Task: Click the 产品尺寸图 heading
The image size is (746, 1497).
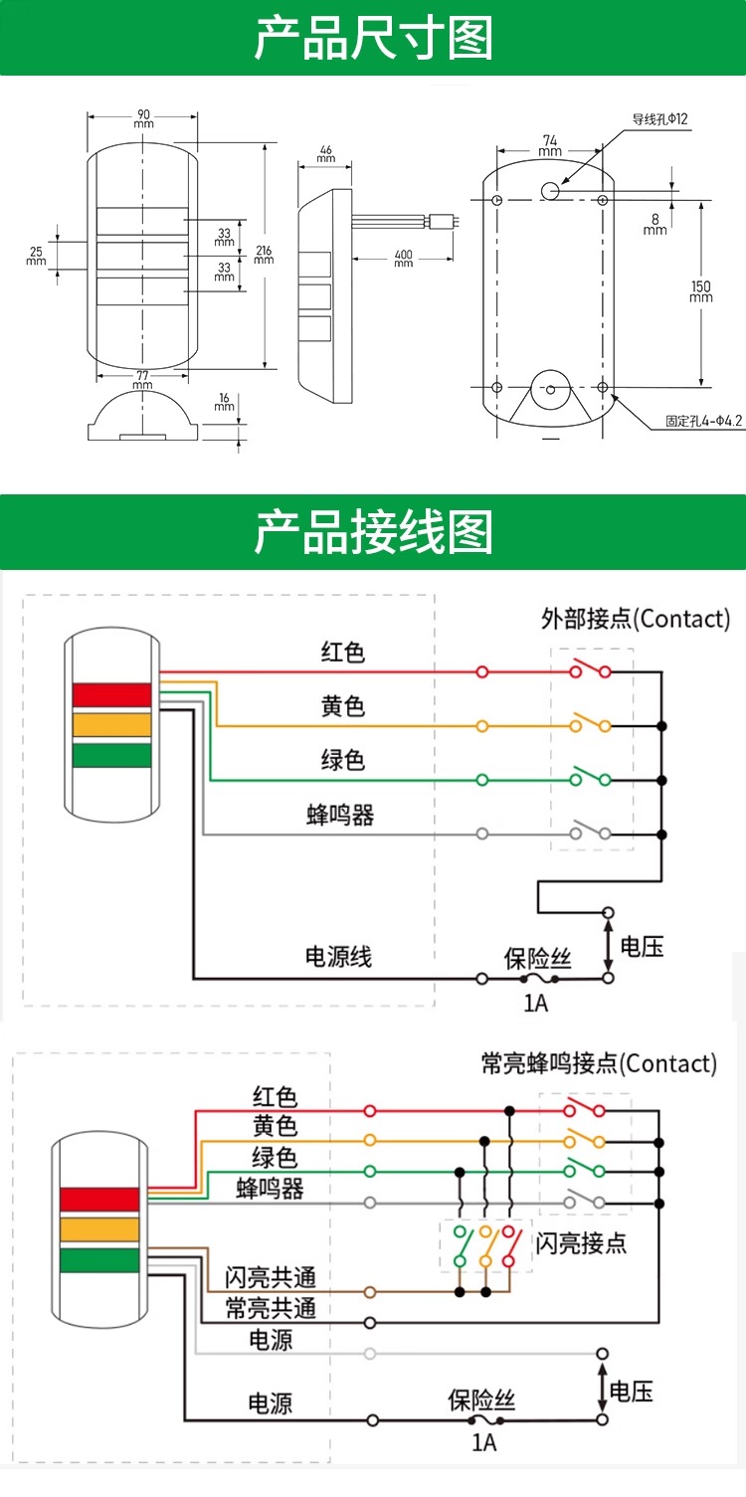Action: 373,38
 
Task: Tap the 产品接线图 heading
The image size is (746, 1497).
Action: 373,531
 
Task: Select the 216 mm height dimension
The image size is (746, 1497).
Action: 264,254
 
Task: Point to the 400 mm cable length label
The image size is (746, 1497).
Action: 403,258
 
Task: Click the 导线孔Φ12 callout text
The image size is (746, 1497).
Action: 659,119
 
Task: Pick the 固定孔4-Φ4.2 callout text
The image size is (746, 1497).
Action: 703,421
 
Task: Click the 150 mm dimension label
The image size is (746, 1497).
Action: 701,291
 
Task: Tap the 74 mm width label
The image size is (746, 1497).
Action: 550,145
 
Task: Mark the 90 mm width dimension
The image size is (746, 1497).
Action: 143,118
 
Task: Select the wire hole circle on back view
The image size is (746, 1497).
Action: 549,190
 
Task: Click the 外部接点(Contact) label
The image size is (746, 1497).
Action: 636,619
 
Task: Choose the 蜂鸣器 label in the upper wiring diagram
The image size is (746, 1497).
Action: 340,815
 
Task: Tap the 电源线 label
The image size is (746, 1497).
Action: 338,956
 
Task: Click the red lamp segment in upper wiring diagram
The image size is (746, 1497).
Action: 111,694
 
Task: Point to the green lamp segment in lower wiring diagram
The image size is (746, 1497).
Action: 99,1260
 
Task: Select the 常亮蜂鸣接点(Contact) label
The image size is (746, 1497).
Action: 599,1063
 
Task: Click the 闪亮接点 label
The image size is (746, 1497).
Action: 582,1243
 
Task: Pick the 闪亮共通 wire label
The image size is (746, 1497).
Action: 271,1277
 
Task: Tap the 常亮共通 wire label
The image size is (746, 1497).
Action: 271,1308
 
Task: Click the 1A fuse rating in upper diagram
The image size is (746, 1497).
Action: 535,1003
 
